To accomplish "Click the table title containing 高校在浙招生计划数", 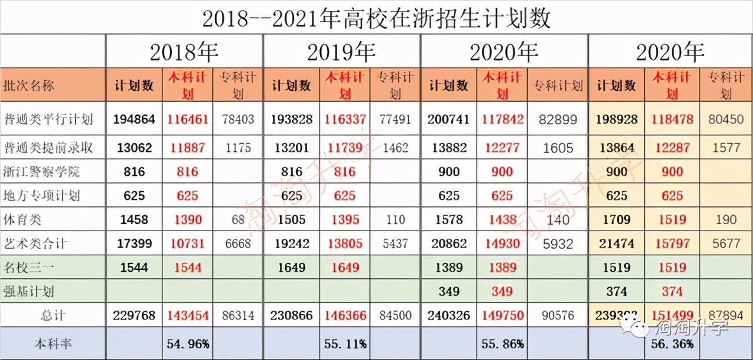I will tap(376, 18).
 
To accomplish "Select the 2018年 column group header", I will tap(184, 52).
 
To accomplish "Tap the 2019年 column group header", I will tap(341, 52).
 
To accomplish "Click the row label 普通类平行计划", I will tap(48, 119).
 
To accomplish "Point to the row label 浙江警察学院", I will tap(41, 172).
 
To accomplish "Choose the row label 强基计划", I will tap(29, 291).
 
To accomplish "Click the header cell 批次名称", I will tap(29, 85).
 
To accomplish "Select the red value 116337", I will tap(345, 119).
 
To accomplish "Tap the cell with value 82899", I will tap(558, 119).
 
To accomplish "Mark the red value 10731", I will tap(187, 243).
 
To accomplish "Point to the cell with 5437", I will tap(395, 243).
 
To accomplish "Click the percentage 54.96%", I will tap(188, 344).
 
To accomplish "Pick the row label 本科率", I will tap(54, 344).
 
